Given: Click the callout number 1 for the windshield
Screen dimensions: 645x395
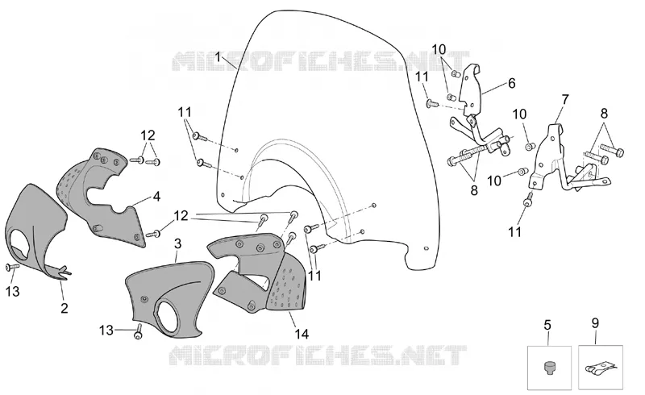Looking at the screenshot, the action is [218, 56].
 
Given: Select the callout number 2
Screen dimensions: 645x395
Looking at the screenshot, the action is [64, 308].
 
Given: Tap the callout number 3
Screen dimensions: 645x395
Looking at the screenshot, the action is [177, 243].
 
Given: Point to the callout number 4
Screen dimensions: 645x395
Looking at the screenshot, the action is [156, 197].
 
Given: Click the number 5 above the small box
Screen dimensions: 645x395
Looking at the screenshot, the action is [547, 325].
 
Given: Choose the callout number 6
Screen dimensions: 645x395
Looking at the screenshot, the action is [511, 83].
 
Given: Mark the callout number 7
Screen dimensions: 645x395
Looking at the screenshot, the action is [565, 100].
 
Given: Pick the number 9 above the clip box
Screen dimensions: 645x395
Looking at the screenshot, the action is [595, 323].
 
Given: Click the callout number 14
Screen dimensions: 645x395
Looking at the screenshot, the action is [302, 334].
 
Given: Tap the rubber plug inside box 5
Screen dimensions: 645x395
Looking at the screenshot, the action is [549, 367].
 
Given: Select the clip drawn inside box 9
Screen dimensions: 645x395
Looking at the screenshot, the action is [599, 367].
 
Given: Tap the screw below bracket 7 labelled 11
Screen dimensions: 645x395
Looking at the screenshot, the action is [528, 199].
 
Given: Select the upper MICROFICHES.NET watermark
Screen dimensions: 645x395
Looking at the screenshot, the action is [320, 61].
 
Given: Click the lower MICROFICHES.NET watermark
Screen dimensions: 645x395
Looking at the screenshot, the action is [318, 355].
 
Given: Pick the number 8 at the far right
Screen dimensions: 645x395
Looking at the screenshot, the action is [604, 113].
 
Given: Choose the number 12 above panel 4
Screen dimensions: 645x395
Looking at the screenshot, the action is [148, 135].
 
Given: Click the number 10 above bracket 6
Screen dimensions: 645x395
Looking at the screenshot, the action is [439, 49].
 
